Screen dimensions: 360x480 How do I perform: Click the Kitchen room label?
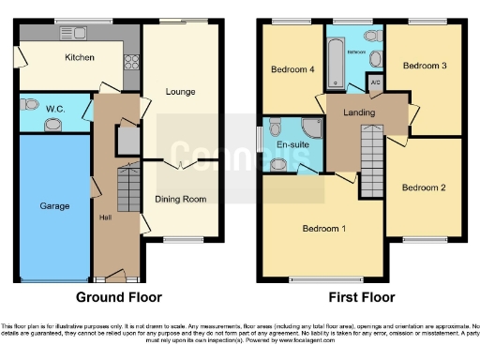tap(80, 57)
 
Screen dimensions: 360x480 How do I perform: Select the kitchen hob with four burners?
tap(129, 63)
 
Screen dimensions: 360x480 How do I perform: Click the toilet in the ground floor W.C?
tap(29, 105)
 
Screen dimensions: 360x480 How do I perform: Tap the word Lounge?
tap(179, 92)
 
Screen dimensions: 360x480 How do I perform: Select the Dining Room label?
tap(180, 199)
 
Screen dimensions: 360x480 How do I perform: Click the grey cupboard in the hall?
tap(126, 141)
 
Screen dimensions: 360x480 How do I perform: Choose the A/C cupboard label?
tap(375, 82)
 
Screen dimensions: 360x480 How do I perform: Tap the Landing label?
tap(358, 112)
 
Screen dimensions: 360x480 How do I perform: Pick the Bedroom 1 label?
tap(323, 229)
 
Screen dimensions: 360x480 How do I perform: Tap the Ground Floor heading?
tap(111, 297)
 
